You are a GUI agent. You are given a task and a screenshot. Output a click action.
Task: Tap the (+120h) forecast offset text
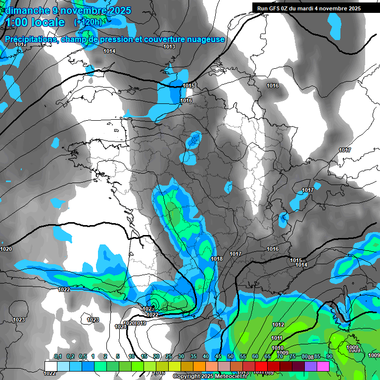tap(88, 22)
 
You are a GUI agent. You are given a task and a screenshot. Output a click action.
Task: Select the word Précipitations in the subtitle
tap(30, 40)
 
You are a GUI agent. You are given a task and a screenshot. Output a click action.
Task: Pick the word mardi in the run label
tap(314, 8)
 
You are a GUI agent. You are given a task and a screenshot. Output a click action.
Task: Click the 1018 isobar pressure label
tap(217, 259)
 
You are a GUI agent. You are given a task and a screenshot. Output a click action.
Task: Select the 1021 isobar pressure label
tap(120, 327)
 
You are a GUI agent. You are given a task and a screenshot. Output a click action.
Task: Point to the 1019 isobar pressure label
tap(141, 323)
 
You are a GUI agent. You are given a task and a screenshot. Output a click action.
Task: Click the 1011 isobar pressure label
tap(277, 338)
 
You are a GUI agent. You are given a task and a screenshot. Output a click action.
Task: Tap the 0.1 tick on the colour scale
tap(57, 357)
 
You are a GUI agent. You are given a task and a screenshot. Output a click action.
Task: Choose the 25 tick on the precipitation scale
tap(169, 357)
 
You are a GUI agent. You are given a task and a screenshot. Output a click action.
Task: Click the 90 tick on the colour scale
tap(329, 357)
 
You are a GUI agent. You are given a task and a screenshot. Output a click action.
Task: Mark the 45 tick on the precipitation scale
tap(218, 357)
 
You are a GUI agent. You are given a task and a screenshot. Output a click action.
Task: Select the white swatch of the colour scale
tap(50, 366)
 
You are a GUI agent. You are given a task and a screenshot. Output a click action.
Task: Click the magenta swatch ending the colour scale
tap(323, 366)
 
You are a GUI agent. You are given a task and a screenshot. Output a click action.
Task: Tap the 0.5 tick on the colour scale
tap(82, 357)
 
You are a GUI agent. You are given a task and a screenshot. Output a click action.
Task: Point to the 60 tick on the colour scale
tap(255, 357)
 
